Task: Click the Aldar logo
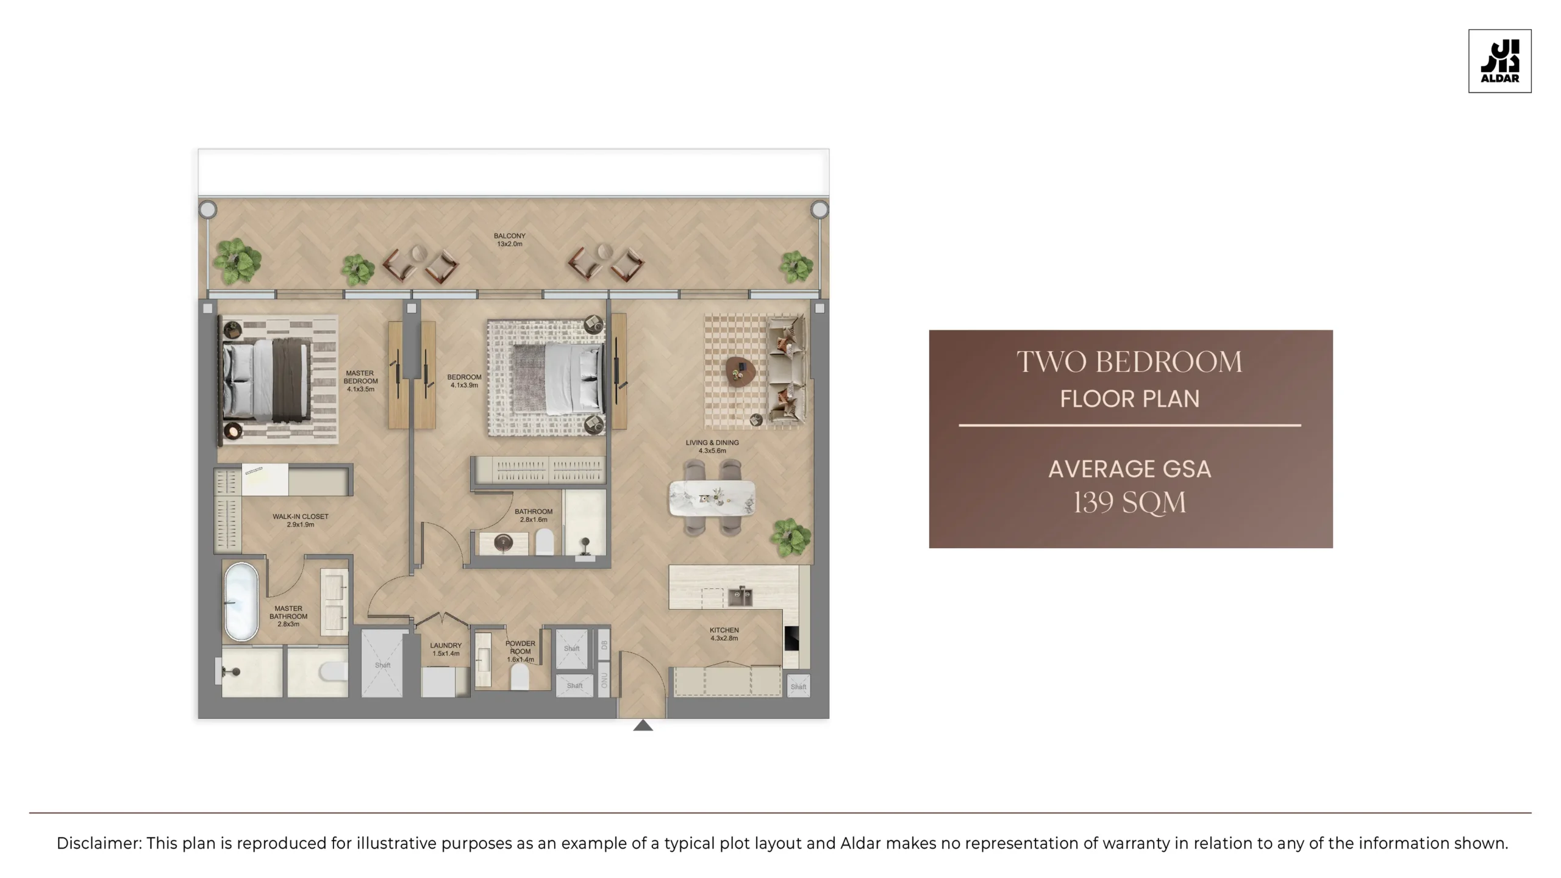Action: click(x=1499, y=61)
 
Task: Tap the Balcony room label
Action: click(x=509, y=240)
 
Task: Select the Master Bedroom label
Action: click(x=360, y=380)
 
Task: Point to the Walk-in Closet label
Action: click(x=300, y=520)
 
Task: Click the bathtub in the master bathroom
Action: click(x=241, y=601)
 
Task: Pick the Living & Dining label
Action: click(x=712, y=446)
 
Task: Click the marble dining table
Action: click(x=712, y=498)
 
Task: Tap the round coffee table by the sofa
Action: click(x=740, y=370)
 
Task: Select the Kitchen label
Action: click(x=724, y=634)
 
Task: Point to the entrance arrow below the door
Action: click(x=643, y=725)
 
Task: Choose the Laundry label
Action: click(x=446, y=649)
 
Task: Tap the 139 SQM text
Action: click(x=1130, y=503)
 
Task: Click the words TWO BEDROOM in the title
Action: click(x=1129, y=362)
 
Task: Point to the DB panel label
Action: click(x=604, y=644)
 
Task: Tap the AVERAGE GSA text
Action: click(x=1129, y=469)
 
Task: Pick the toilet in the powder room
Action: click(x=519, y=677)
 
